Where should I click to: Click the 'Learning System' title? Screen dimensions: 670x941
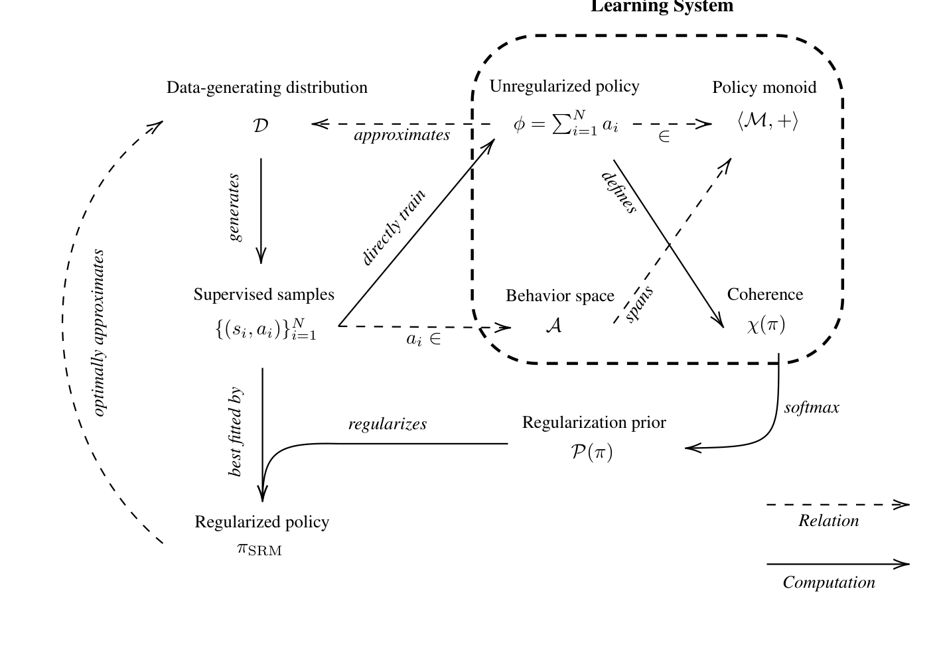tap(662, 7)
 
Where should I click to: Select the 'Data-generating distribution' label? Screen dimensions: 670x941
tap(267, 88)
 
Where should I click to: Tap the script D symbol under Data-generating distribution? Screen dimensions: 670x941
tap(261, 125)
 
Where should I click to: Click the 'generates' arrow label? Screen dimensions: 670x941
tap(234, 208)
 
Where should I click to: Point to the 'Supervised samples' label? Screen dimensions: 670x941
tap(263, 295)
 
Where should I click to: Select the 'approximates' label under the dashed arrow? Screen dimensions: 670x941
tap(401, 135)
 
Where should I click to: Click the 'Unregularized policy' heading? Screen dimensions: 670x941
tap(564, 86)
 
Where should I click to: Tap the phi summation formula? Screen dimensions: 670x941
tap(566, 123)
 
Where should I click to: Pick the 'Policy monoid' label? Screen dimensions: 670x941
tap(764, 88)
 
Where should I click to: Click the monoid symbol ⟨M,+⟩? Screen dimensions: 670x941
tap(767, 121)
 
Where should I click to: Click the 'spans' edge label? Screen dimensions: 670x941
tap(640, 304)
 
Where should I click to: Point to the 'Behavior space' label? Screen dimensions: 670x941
tap(559, 296)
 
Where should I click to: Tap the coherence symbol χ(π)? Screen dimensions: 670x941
tap(766, 325)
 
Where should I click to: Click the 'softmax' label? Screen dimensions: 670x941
tap(811, 408)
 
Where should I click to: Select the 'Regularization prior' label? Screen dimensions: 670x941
tap(594, 423)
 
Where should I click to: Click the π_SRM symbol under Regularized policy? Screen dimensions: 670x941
tap(259, 549)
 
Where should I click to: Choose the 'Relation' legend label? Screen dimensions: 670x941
tap(828, 521)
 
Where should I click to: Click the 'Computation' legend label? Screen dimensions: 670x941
tap(828, 582)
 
